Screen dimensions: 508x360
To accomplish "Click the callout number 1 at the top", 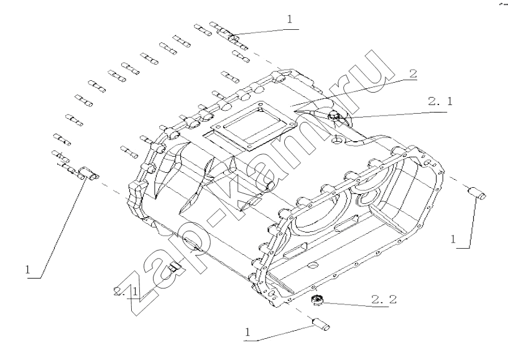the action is (289, 19).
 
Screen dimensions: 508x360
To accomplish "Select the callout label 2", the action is (413, 74).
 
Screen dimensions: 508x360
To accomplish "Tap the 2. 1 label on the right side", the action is (440, 101).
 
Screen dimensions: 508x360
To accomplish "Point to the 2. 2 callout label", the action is (384, 300).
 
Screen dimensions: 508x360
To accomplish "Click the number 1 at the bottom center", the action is (248, 332).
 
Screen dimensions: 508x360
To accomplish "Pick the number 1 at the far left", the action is (28, 270).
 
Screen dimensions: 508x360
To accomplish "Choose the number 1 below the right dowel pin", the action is (453, 239).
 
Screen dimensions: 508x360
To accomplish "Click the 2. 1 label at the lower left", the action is (126, 292).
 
